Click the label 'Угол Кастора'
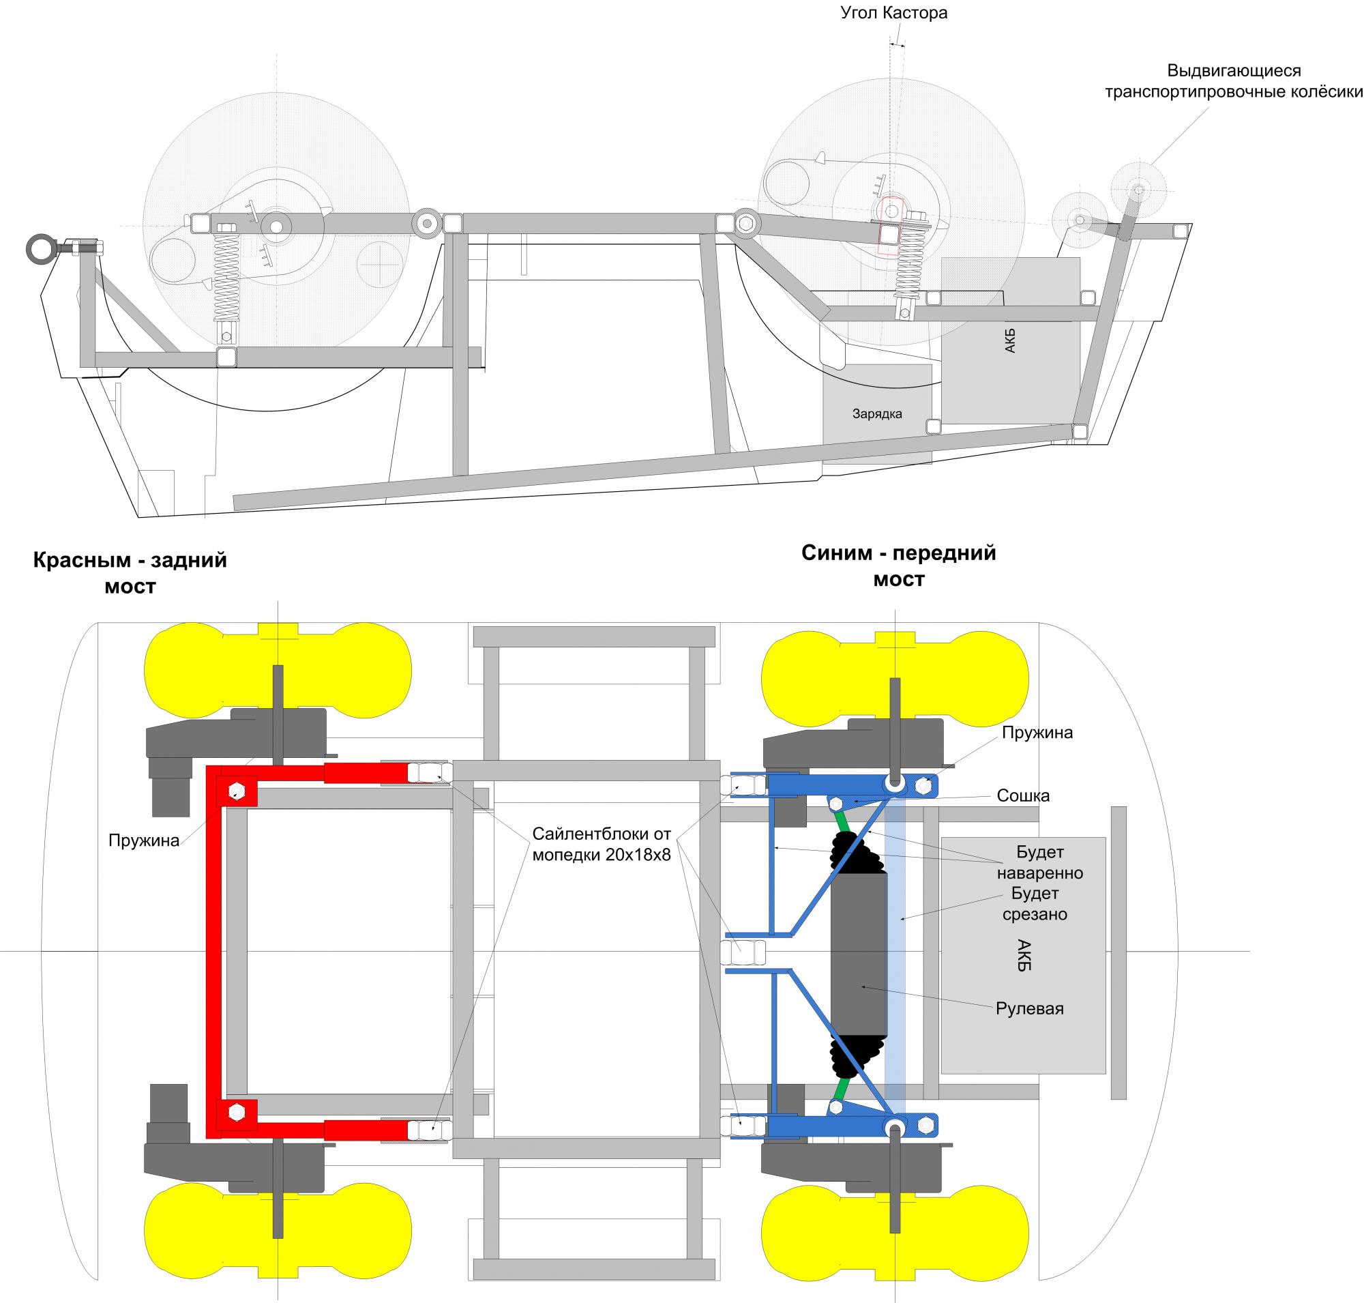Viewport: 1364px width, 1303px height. pos(894,12)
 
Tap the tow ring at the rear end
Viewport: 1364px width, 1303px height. pos(38,248)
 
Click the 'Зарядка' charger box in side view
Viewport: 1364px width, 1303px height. pos(877,415)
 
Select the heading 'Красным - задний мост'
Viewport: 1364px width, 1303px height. pos(130,572)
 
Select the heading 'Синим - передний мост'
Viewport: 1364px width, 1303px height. pos(899,566)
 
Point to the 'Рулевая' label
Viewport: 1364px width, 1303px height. pos(1029,1008)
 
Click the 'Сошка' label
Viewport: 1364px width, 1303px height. pos(1022,795)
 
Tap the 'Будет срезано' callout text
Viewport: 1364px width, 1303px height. pos(1034,903)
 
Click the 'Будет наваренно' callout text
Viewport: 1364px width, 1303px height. pos(1039,862)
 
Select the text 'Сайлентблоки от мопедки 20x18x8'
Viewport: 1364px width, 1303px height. pos(602,844)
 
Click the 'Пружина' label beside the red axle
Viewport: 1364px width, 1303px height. pos(144,840)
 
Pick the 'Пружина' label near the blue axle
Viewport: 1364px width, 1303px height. pos(1037,732)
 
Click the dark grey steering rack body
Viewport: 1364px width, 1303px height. pos(859,953)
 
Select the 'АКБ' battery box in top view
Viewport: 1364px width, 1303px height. pos(1023,955)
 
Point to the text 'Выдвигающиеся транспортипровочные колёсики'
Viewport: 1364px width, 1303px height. pos(1234,80)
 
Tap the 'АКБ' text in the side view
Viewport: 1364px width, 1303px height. pos(1011,341)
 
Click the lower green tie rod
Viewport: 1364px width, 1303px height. pos(843,1089)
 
